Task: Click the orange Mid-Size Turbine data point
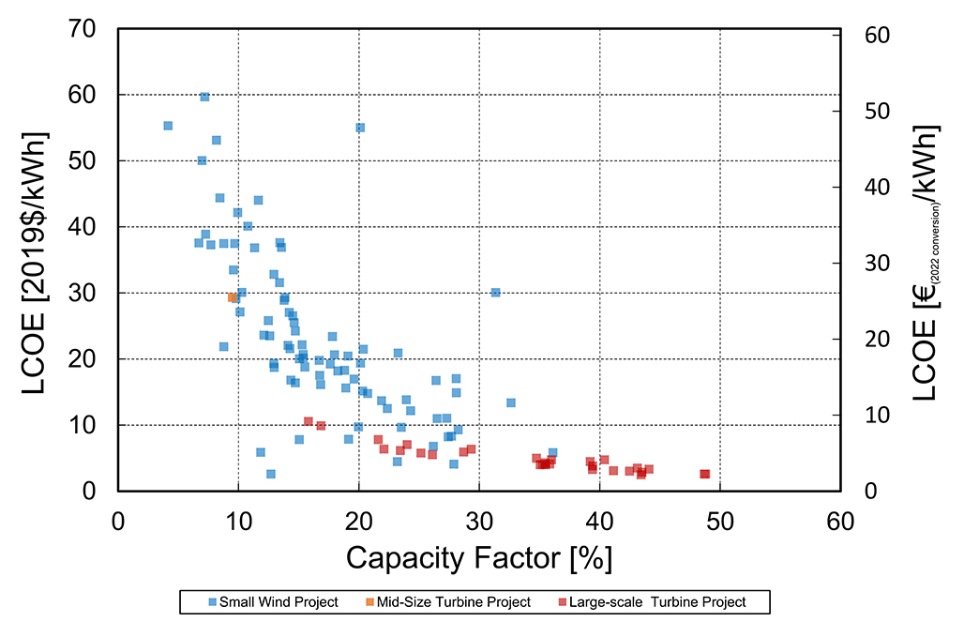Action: click(x=233, y=297)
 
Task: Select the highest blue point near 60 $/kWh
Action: click(x=204, y=97)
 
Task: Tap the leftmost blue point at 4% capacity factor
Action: click(x=168, y=126)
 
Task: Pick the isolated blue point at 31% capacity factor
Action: click(x=495, y=293)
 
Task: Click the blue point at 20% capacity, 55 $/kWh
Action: click(x=360, y=128)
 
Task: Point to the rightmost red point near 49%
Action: click(x=704, y=474)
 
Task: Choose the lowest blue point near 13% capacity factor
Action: click(x=271, y=474)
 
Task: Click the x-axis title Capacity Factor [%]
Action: click(x=479, y=558)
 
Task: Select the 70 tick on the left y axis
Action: click(x=89, y=29)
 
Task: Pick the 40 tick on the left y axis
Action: click(x=89, y=227)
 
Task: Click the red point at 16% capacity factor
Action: click(x=308, y=421)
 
